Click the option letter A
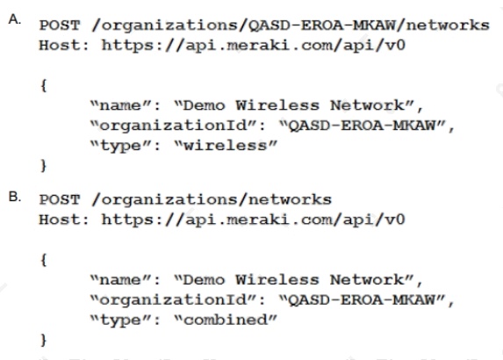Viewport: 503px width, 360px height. coord(15,20)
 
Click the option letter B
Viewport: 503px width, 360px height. coord(15,197)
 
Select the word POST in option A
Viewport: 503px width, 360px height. coord(60,25)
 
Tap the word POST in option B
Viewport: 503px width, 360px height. coord(60,199)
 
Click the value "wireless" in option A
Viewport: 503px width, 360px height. coord(226,146)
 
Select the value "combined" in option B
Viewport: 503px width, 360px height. coord(226,320)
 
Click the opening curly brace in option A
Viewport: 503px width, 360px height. coord(44,85)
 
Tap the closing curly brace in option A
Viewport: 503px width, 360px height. coord(44,166)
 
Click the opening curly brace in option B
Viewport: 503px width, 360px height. coord(44,260)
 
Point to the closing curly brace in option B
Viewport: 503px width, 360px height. coord(44,340)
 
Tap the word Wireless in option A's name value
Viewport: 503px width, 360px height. coord(277,105)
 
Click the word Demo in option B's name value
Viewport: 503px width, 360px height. coord(204,280)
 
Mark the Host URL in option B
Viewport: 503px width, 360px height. coord(254,220)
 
